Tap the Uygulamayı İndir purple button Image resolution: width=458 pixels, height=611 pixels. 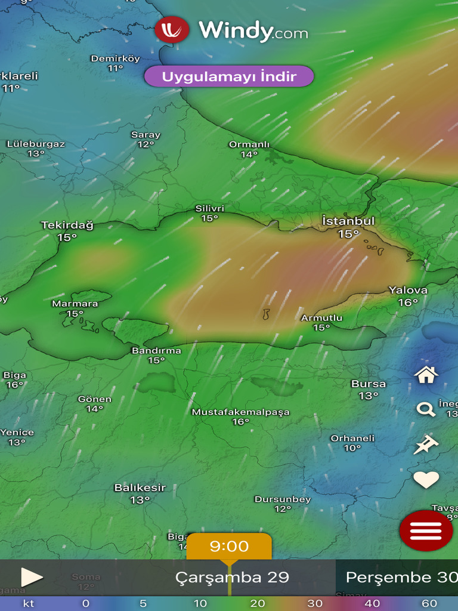(229, 76)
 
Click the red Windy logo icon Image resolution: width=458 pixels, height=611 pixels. (172, 29)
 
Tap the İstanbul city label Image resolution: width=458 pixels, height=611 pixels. (348, 221)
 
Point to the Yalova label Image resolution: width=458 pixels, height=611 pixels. (408, 291)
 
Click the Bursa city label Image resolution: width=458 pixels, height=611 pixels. (369, 384)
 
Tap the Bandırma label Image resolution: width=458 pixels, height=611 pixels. (156, 351)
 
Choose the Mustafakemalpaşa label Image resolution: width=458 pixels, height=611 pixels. (240, 412)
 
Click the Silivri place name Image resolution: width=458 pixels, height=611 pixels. (210, 209)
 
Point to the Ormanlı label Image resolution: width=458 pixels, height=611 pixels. (249, 144)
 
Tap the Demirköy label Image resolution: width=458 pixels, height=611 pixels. (115, 58)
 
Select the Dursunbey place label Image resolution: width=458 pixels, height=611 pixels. (283, 499)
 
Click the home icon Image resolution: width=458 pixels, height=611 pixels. (426, 375)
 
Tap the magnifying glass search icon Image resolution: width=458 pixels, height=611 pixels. (426, 409)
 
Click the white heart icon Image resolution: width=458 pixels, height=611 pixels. (426, 479)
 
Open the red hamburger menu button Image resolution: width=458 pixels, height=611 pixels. (426, 530)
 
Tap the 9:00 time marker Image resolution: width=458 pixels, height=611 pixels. (229, 547)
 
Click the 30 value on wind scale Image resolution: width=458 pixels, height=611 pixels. (315, 604)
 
